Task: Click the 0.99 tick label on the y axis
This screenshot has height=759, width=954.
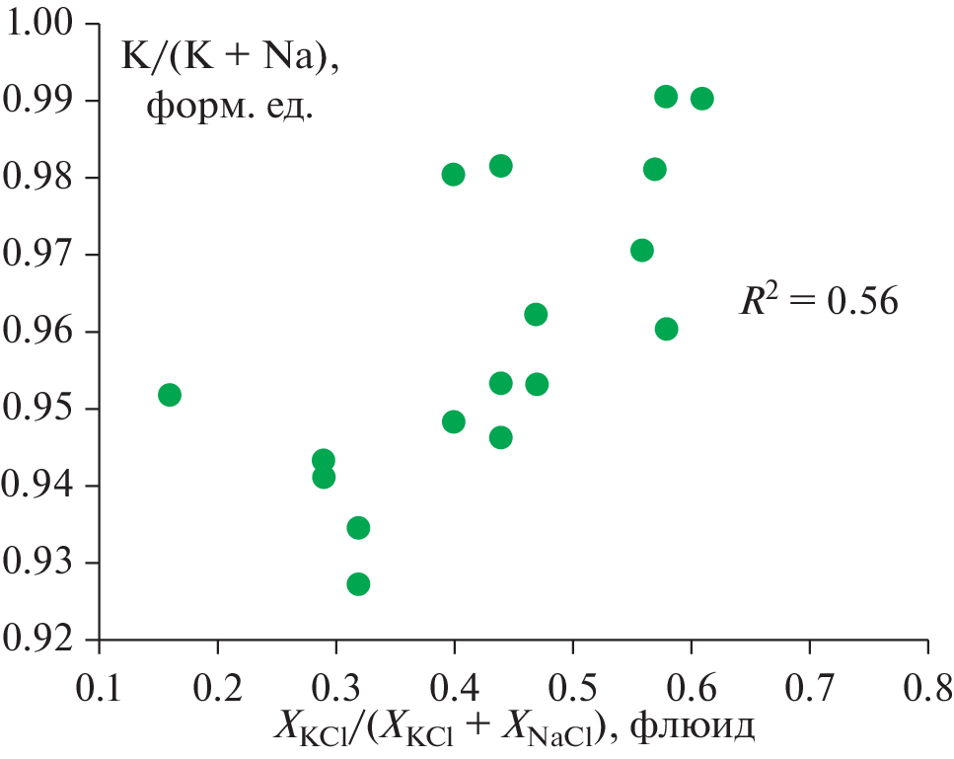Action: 42,100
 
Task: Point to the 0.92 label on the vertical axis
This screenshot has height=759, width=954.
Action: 42,639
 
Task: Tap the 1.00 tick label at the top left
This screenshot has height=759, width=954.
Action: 42,23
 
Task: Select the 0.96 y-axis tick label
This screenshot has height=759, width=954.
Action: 42,331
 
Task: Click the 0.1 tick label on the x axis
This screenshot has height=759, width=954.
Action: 99,683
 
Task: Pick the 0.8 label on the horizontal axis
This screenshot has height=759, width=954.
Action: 926,683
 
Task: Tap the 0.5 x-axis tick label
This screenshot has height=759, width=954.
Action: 572,683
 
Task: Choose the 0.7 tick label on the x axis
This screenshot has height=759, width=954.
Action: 809,683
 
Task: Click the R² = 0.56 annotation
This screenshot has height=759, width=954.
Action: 819,300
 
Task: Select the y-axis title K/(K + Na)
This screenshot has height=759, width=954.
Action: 229,58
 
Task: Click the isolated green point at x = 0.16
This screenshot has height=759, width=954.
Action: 170,395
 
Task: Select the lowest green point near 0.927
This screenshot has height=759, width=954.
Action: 358,584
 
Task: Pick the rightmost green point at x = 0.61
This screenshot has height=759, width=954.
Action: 701,98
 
